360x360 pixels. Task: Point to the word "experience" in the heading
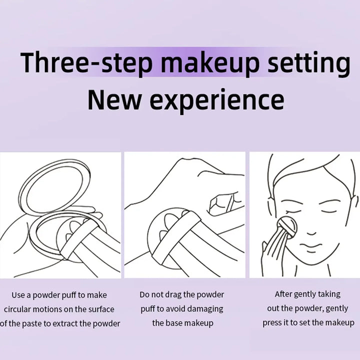click(216, 100)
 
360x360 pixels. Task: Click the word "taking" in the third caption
click(328, 294)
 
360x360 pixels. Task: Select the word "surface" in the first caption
click(100, 309)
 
